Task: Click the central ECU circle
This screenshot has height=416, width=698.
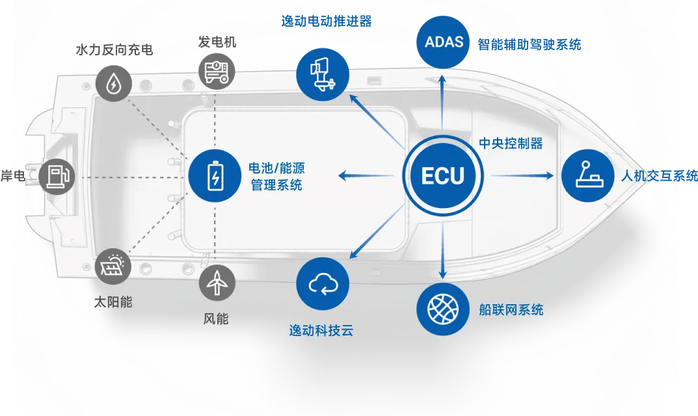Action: [x=443, y=175]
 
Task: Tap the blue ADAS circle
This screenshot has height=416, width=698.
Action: [x=443, y=42]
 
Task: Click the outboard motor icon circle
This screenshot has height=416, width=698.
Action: [x=323, y=74]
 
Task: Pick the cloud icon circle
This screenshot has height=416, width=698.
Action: [x=323, y=284]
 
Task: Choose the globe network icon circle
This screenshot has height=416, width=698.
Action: [x=443, y=309]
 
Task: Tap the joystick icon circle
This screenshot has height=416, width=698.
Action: [x=588, y=175]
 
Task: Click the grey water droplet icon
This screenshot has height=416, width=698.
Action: [x=114, y=83]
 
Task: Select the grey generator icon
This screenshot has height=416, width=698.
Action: [x=216, y=71]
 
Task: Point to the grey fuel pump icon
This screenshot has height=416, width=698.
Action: [x=57, y=176]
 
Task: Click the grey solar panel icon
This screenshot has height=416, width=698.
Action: [x=114, y=266]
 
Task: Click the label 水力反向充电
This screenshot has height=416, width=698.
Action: [x=114, y=50]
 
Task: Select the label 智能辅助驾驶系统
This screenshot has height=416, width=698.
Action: [x=529, y=44]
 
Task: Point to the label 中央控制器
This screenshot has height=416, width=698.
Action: [x=511, y=144]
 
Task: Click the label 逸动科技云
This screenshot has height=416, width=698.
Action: [x=321, y=330]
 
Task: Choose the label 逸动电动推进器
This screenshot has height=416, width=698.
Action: [x=327, y=21]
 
